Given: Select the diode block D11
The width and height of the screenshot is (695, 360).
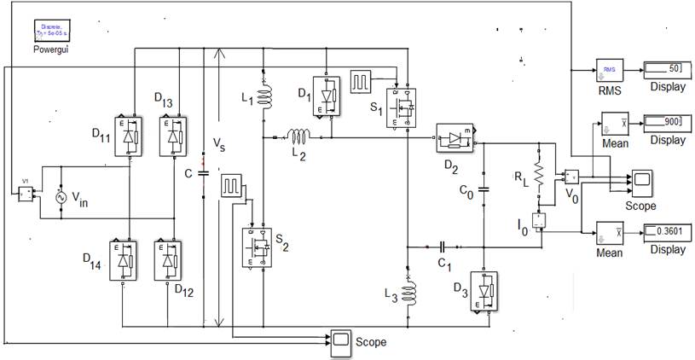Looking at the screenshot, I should (129, 136).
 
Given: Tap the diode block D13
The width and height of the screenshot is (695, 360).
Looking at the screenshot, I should (174, 136).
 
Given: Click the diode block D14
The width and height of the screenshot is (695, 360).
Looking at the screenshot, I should (125, 261).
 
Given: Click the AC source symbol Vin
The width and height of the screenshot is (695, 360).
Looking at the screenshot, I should (61, 197).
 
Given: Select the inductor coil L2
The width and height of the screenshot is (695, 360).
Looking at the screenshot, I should (298, 136).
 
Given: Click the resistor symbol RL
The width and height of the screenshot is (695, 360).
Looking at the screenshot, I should (539, 173).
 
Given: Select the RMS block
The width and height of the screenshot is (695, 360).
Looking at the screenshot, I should (609, 70).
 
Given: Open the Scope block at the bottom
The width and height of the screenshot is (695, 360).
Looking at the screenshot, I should (341, 340).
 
